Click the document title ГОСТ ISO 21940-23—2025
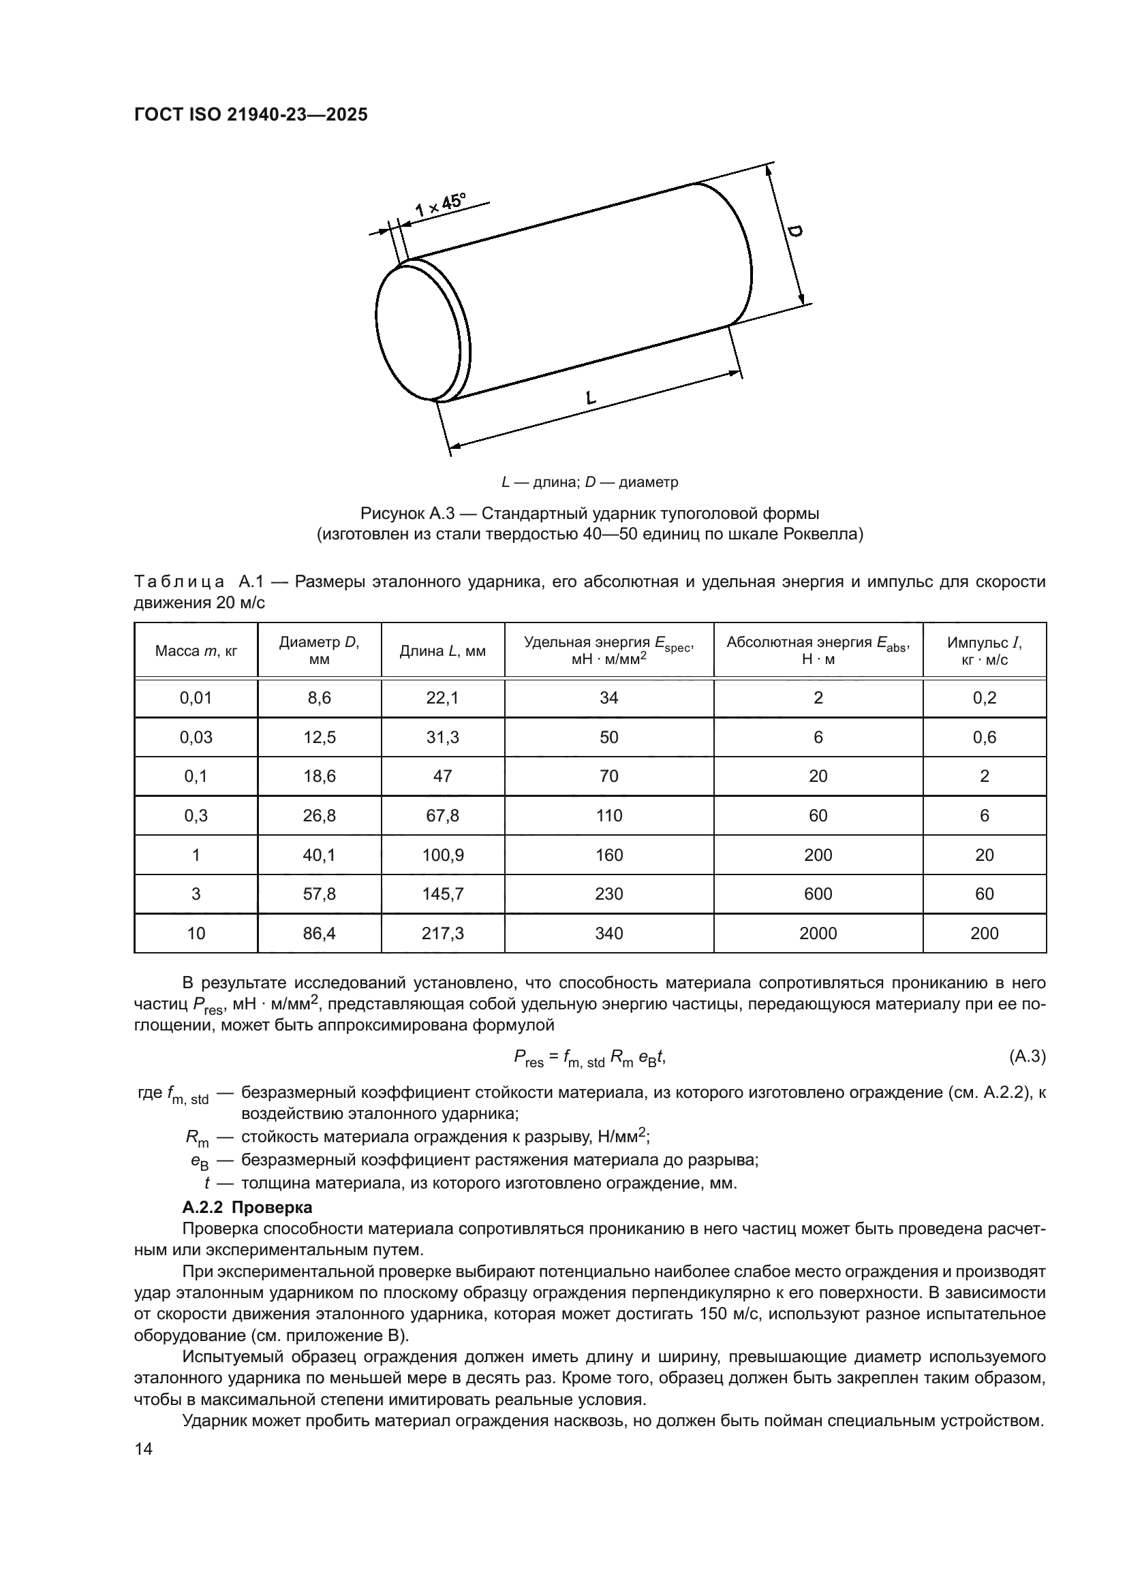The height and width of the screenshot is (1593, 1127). tap(251, 115)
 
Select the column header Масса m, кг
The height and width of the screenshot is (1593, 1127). tap(196, 651)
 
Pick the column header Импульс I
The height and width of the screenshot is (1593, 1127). tap(984, 651)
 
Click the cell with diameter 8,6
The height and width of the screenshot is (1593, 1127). tap(319, 698)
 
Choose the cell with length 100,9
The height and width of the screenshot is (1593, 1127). tap(443, 855)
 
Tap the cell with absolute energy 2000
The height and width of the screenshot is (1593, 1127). tap(818, 933)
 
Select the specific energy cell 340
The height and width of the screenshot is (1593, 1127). tap(608, 933)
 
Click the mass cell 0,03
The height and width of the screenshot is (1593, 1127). tap(196, 737)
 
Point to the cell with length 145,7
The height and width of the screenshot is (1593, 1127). tap(443, 894)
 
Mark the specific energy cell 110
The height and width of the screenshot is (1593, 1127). tap(608, 815)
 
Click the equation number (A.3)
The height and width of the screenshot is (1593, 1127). tap(1026, 1056)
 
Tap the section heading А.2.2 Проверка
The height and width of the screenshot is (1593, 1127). tap(247, 1208)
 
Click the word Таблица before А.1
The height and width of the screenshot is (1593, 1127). tap(179, 582)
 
